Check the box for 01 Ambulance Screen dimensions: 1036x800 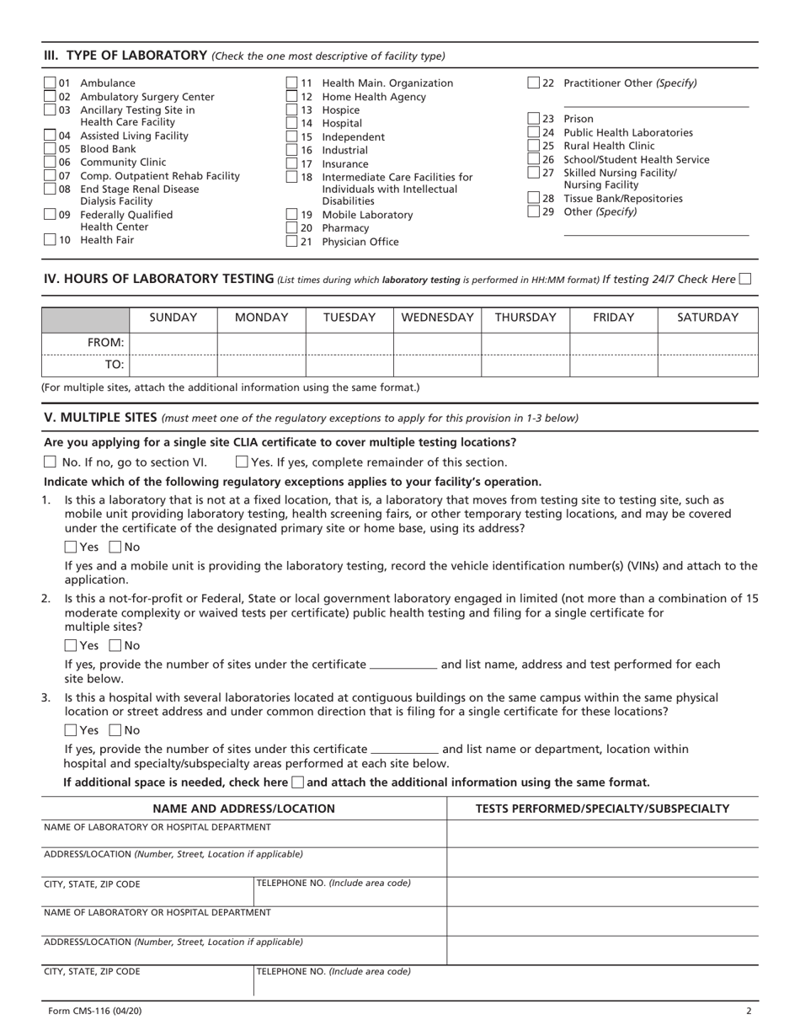[49, 83]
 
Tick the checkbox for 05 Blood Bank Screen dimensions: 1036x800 [49, 148]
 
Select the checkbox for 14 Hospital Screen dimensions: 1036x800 [292, 123]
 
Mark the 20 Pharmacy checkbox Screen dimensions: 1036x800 [292, 228]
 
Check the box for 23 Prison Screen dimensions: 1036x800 [534, 119]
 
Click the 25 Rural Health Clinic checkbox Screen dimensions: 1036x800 [534, 146]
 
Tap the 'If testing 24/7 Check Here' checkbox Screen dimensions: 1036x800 [744, 279]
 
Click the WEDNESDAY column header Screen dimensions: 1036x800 [437, 318]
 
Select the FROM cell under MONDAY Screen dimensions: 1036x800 [261, 343]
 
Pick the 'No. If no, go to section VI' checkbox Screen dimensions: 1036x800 [50, 462]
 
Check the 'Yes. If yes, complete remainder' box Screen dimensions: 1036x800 [242, 462]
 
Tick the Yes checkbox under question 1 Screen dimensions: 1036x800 [71, 547]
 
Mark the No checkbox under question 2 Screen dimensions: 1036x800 [115, 646]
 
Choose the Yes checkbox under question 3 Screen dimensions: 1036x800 [71, 730]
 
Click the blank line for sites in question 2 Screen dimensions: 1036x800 [403, 665]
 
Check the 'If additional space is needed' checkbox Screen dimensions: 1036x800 [297, 782]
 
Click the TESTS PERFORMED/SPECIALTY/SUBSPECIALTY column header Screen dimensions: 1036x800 [602, 809]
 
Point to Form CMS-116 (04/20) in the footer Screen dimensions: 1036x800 [89, 1012]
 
